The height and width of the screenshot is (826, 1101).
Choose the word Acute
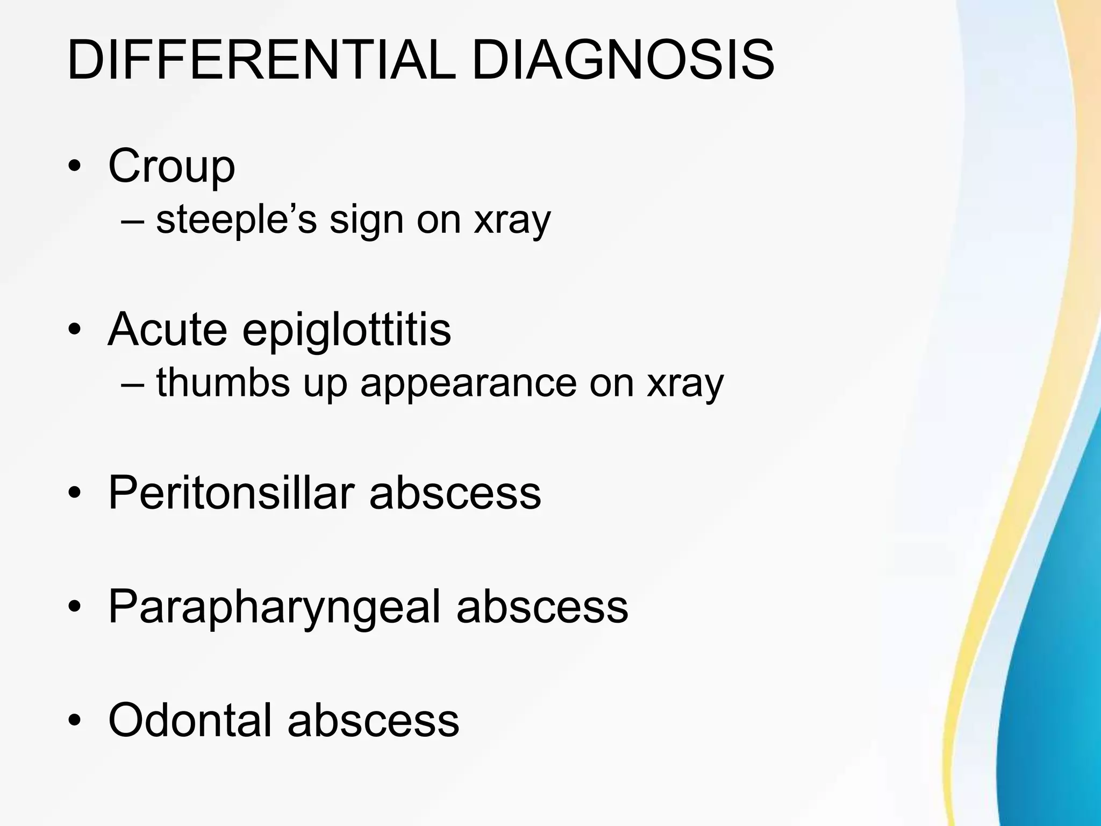click(167, 329)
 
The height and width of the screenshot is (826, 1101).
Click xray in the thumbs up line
click(685, 384)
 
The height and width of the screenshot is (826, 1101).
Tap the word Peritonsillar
click(231, 493)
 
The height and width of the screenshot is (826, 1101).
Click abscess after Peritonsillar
click(455, 494)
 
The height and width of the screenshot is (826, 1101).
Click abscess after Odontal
click(373, 721)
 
